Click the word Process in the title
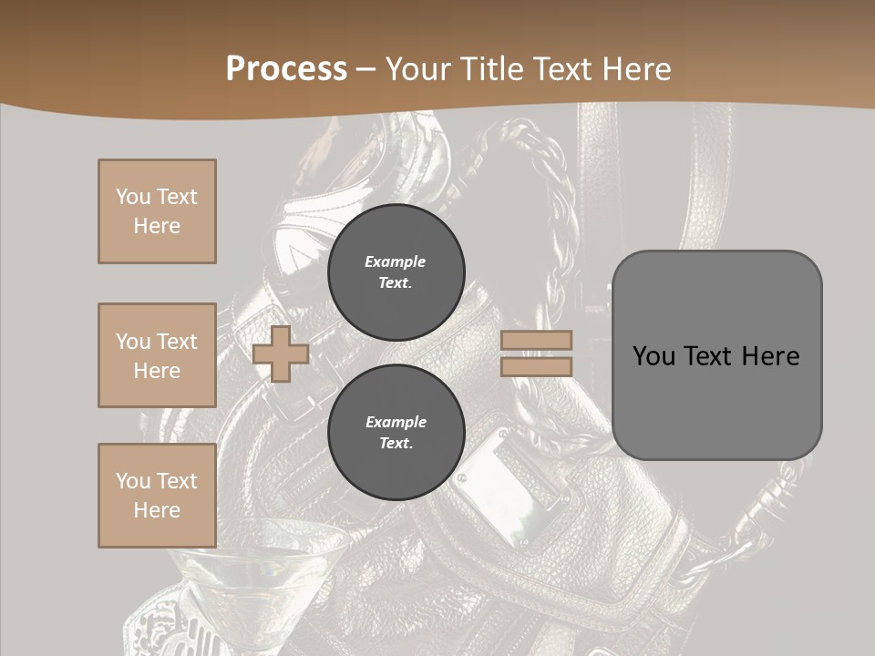click(286, 69)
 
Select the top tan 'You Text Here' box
click(157, 211)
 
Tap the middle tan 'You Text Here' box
click(157, 355)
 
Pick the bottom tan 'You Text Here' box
click(157, 496)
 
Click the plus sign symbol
click(281, 354)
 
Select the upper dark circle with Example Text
click(396, 272)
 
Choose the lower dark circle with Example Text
click(396, 433)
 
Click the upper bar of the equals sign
click(536, 340)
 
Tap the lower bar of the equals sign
click(536, 366)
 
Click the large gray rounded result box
click(716, 355)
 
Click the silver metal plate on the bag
click(515, 483)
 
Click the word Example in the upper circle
click(396, 261)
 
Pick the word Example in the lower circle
click(396, 422)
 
